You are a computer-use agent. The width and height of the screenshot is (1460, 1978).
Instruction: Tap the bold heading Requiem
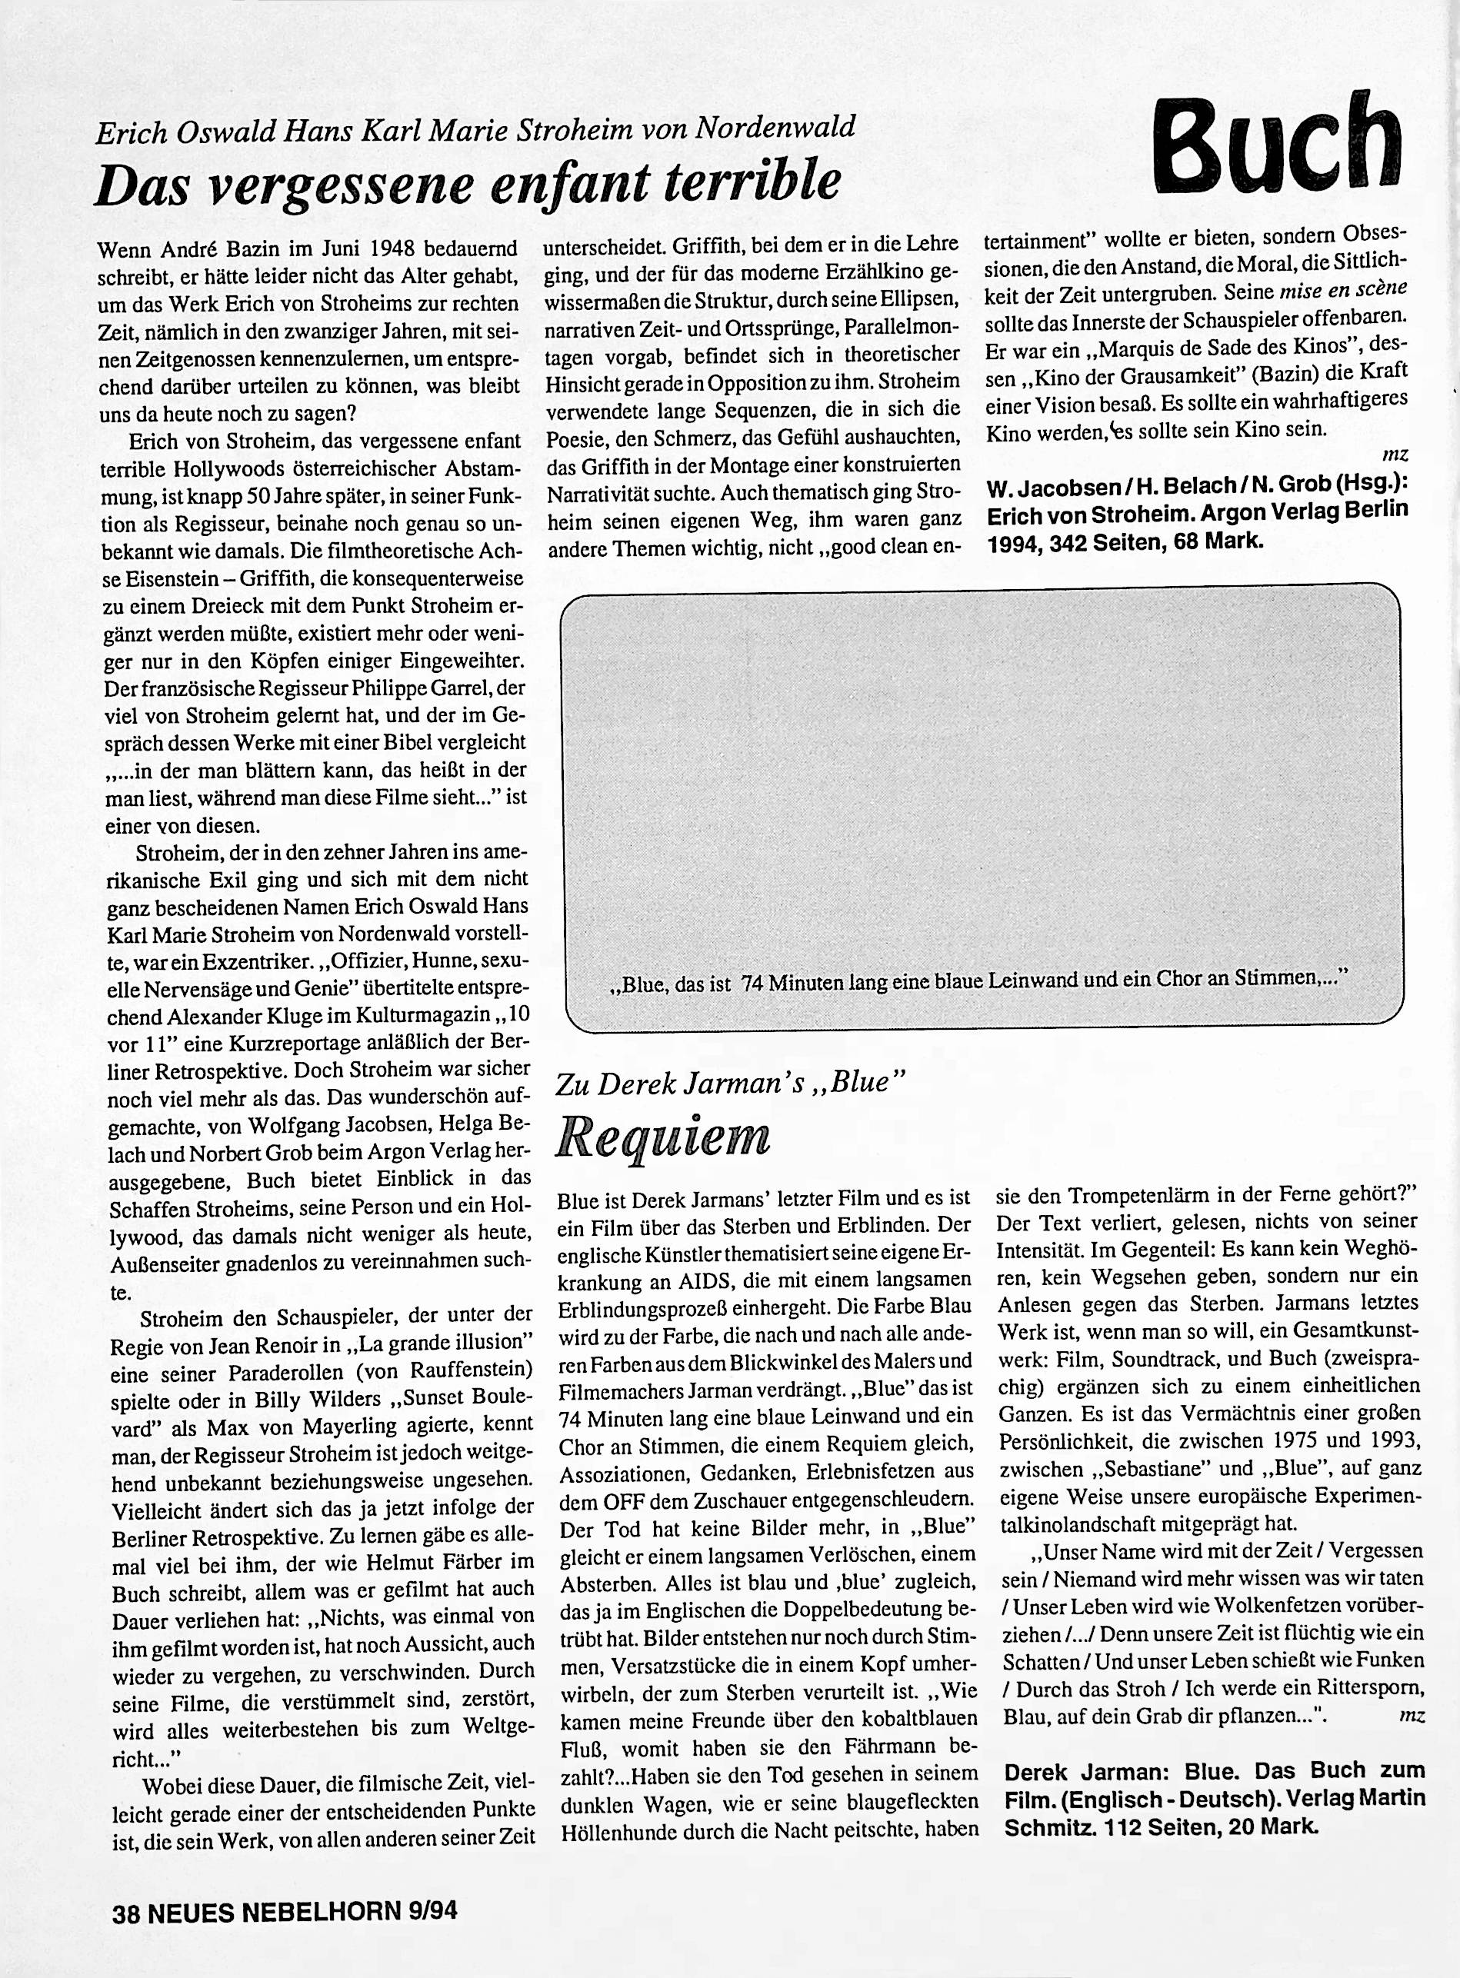click(x=663, y=1139)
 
